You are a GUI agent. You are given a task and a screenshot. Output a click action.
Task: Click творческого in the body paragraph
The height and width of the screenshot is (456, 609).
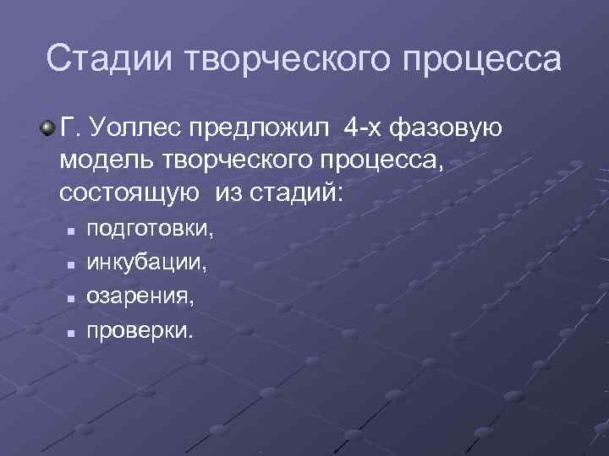(x=234, y=161)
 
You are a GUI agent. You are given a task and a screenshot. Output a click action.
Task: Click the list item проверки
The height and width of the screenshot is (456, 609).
(x=140, y=330)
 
